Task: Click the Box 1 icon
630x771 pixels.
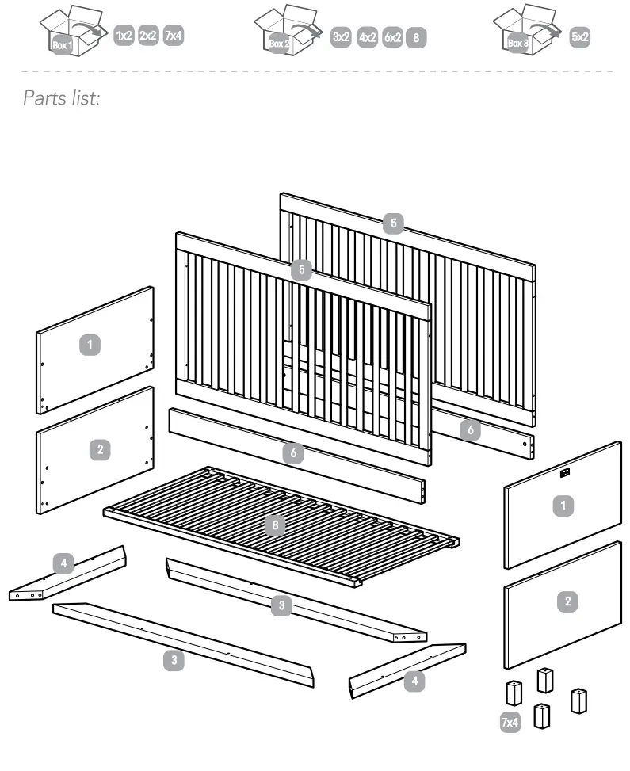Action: click(72, 32)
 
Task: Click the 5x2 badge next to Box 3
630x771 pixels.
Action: click(579, 37)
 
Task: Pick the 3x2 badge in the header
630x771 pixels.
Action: click(342, 37)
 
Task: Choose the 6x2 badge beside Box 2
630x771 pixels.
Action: click(392, 37)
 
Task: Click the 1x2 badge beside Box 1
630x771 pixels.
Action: click(124, 36)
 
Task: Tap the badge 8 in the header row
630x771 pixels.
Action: click(415, 37)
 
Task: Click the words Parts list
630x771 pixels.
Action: click(63, 98)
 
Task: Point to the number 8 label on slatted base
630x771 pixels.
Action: click(273, 525)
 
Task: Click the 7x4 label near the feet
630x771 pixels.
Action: click(510, 721)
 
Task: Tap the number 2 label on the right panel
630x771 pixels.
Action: click(567, 602)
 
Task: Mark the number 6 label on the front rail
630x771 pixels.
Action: click(292, 453)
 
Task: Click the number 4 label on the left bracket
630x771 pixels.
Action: click(64, 563)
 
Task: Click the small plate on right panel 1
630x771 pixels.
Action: click(565, 473)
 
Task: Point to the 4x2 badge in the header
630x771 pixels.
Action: click(367, 37)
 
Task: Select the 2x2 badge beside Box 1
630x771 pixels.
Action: click(148, 36)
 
